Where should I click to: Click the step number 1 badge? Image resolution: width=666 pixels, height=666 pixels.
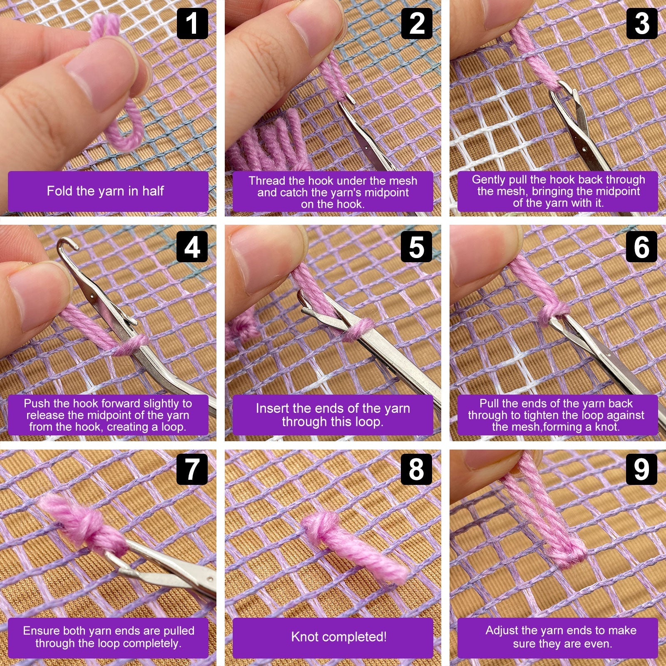192,24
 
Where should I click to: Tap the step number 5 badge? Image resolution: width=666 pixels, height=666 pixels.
417,247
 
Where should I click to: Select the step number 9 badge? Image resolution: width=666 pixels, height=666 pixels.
641,469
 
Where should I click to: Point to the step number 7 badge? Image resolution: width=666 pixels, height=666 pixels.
192,469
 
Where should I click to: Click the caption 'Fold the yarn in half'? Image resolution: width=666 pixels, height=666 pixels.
105,191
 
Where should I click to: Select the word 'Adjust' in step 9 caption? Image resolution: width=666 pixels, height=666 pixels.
502,630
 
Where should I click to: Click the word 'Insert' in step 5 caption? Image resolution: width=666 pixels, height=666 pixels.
272,408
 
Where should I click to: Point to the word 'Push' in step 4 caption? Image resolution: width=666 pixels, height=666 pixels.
37,403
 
